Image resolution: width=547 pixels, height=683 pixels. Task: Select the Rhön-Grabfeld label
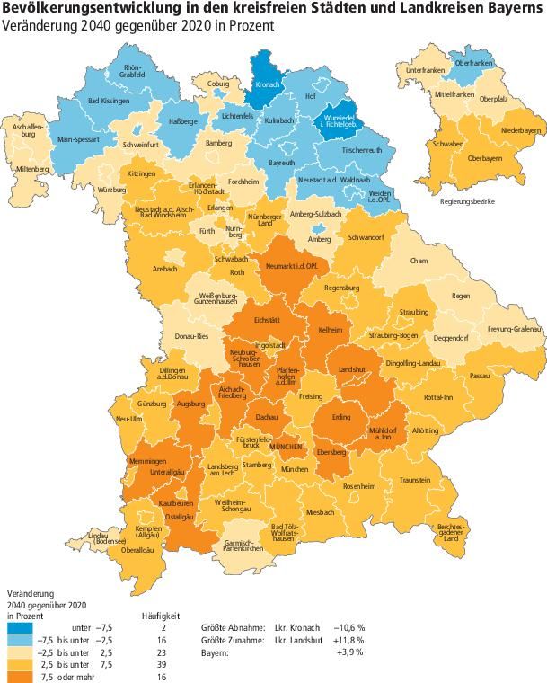tap(133, 72)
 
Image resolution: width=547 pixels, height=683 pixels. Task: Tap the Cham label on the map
tap(418, 261)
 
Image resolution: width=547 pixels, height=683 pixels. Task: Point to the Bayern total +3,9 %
tap(353, 652)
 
